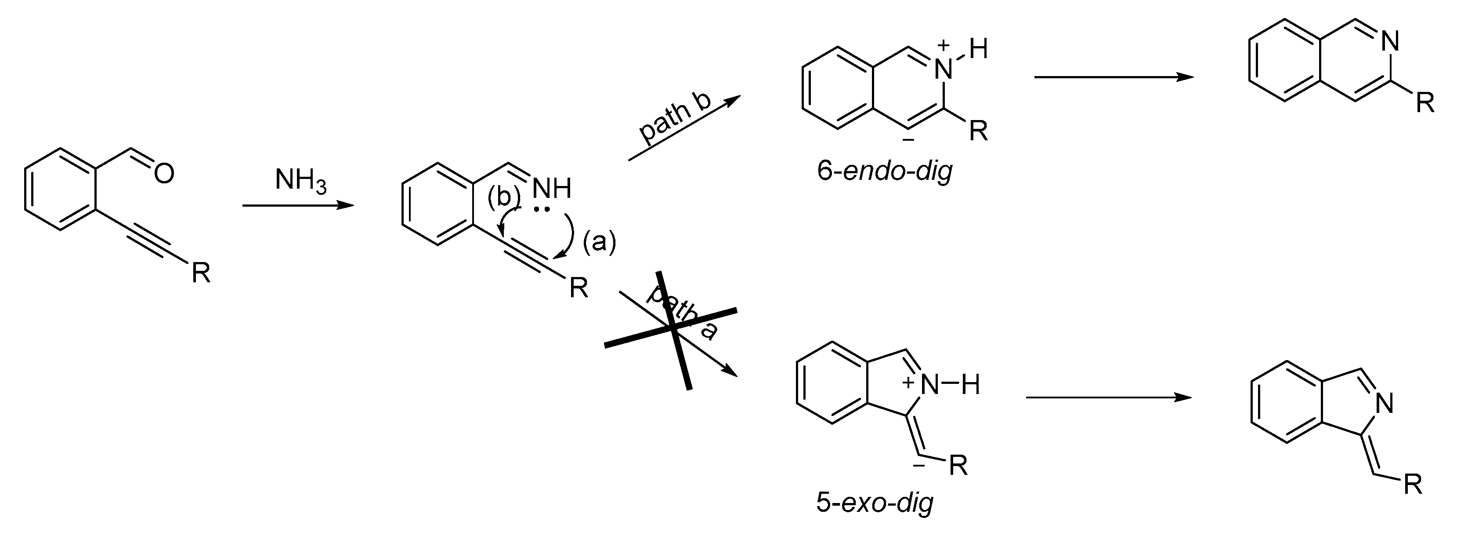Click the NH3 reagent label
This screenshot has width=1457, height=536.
[x=300, y=181]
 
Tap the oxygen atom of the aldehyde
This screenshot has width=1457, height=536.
[x=163, y=173]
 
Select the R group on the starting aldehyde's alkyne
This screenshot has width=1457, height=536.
[x=201, y=273]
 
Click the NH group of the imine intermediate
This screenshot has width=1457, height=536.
[x=551, y=189]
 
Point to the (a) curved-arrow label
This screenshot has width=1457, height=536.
[x=599, y=242]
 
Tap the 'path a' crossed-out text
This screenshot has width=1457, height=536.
[x=682, y=313]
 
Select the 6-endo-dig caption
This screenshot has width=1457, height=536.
[x=885, y=170]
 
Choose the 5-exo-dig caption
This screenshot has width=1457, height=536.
[x=875, y=501]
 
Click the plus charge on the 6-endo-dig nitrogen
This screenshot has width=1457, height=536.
[x=943, y=45]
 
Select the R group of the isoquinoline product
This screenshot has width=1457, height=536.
[x=1425, y=104]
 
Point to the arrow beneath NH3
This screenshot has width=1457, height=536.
[x=298, y=205]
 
